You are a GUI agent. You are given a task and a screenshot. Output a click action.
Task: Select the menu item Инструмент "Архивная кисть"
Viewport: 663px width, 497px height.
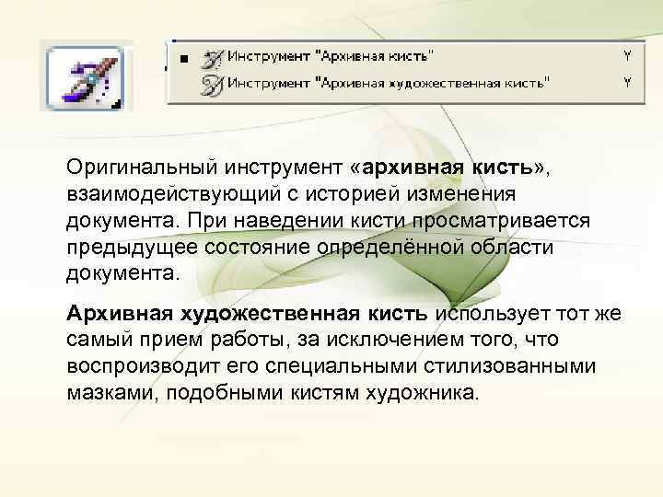[x=332, y=56]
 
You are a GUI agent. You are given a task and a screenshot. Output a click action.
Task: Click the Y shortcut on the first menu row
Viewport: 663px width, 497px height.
[x=627, y=56]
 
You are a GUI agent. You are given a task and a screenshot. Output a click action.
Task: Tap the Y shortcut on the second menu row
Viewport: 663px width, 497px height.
[x=627, y=82]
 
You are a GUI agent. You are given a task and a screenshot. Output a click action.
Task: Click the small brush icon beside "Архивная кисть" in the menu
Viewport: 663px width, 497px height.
[x=213, y=57]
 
